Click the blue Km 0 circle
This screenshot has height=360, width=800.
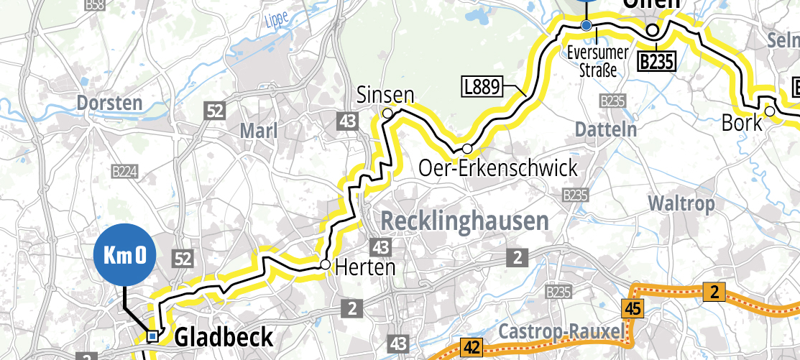[124, 256]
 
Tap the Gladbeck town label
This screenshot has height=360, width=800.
[224, 337]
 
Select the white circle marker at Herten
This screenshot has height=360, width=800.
[325, 265]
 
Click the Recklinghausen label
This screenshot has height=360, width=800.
[464, 221]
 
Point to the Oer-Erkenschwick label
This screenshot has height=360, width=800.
[498, 169]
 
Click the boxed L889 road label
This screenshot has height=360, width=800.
[482, 88]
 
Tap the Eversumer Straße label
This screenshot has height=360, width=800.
[598, 61]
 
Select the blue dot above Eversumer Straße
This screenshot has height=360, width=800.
[586, 26]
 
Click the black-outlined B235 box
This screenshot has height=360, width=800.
[657, 63]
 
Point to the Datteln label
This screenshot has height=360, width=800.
[607, 130]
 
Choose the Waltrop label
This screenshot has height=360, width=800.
[681, 203]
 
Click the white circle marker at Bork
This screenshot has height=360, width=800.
[769, 111]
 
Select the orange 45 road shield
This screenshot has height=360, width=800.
[632, 309]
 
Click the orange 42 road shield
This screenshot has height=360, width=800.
[472, 348]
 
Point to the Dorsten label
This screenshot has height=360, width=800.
[109, 103]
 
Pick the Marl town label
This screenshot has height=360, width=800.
[258, 131]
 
